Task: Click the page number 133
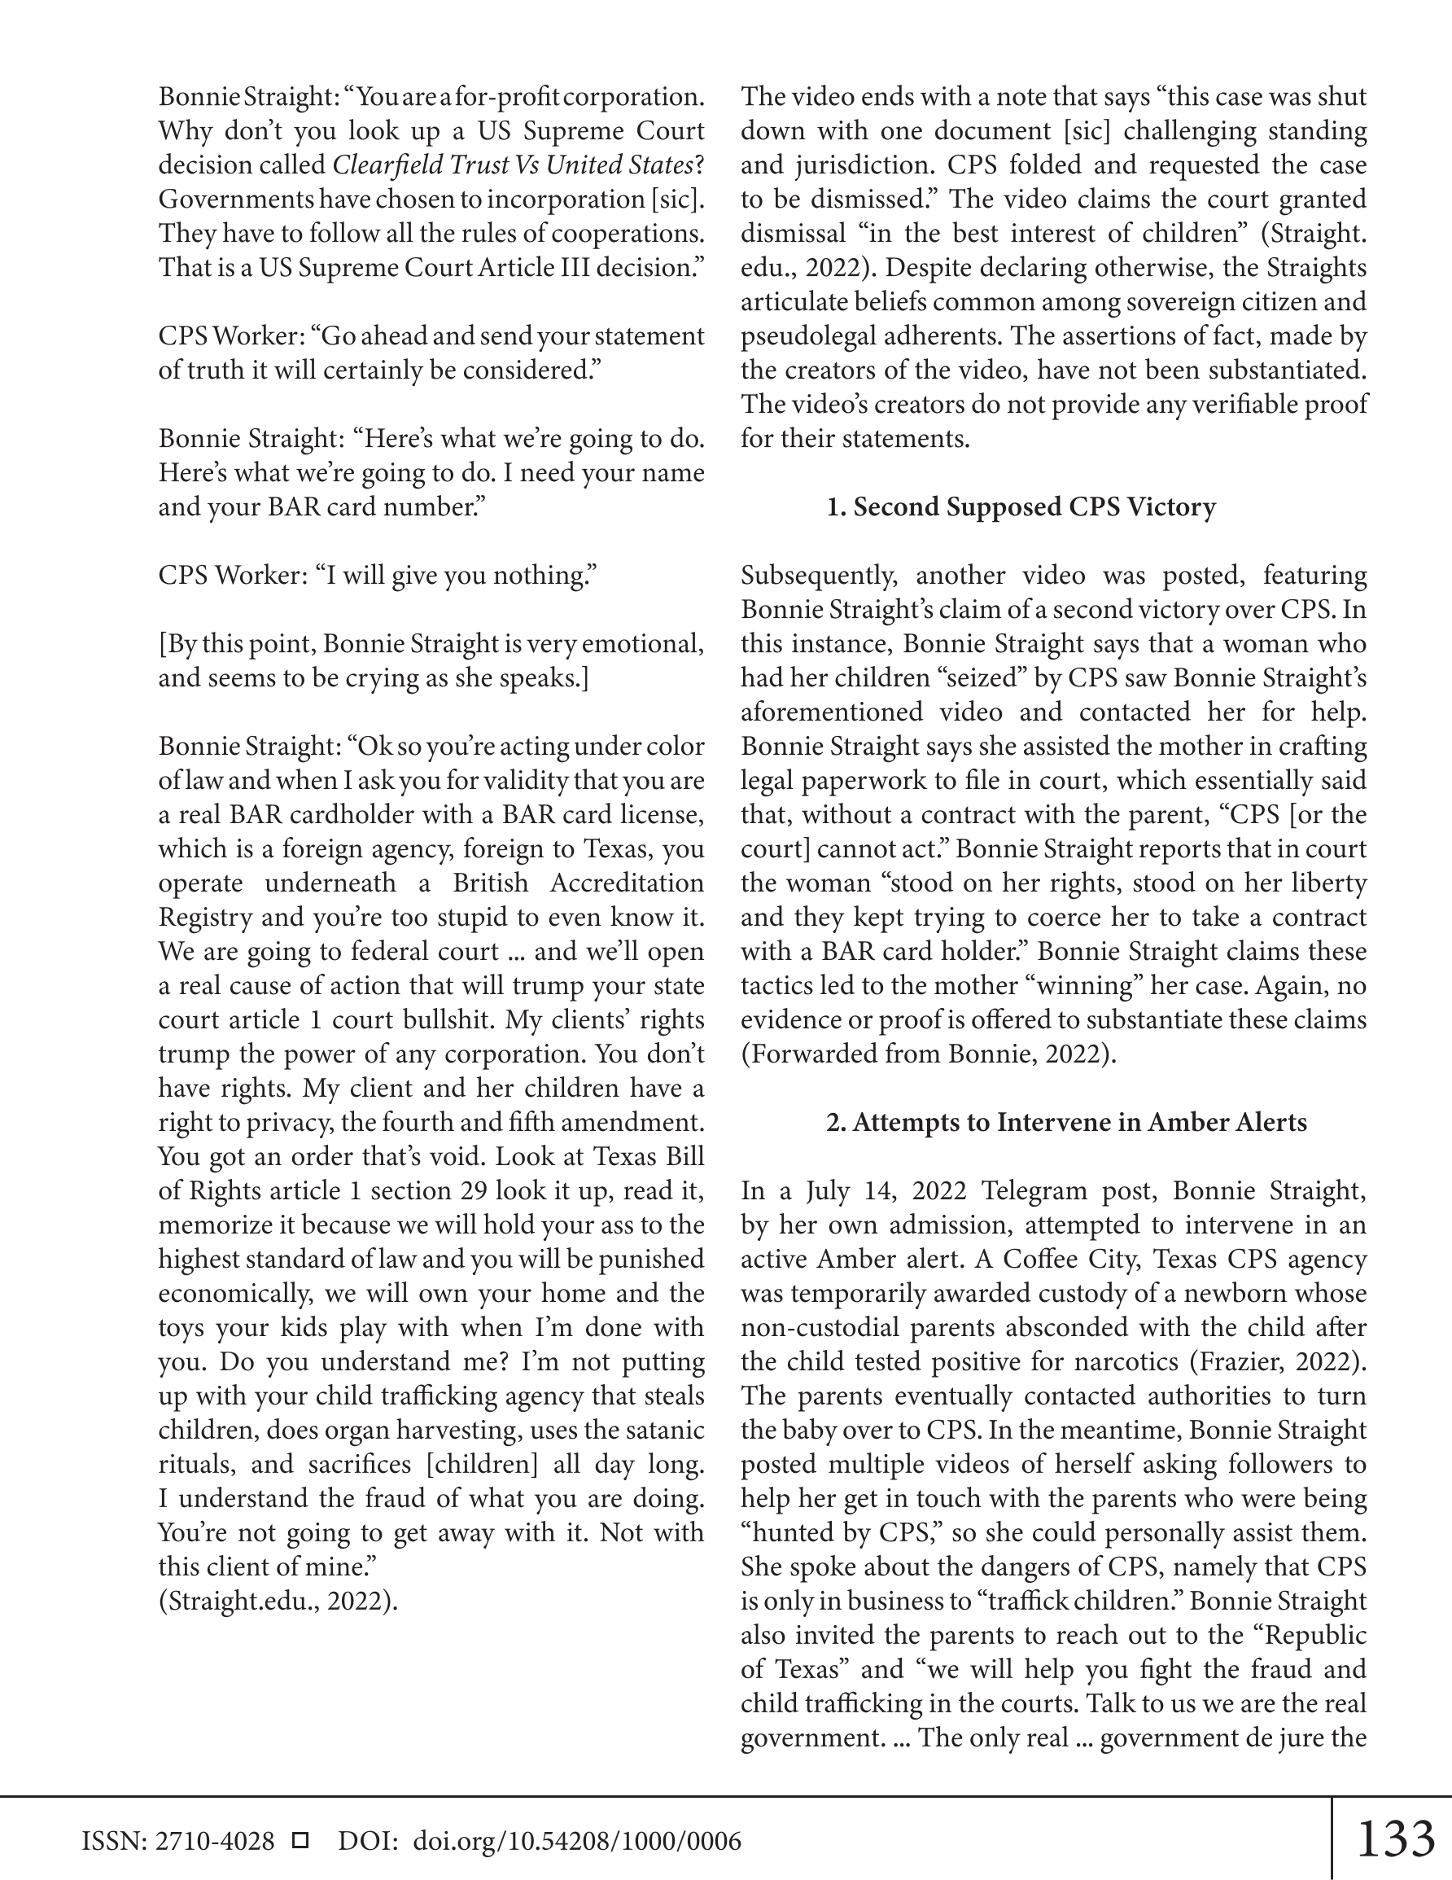coord(1395,1838)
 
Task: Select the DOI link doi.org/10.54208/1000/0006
coord(577,1840)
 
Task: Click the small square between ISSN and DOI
coord(300,1840)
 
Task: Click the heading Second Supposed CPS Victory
coord(1021,507)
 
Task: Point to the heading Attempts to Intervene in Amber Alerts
coord(1066,1123)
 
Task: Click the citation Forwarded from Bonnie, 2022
coord(928,1054)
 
